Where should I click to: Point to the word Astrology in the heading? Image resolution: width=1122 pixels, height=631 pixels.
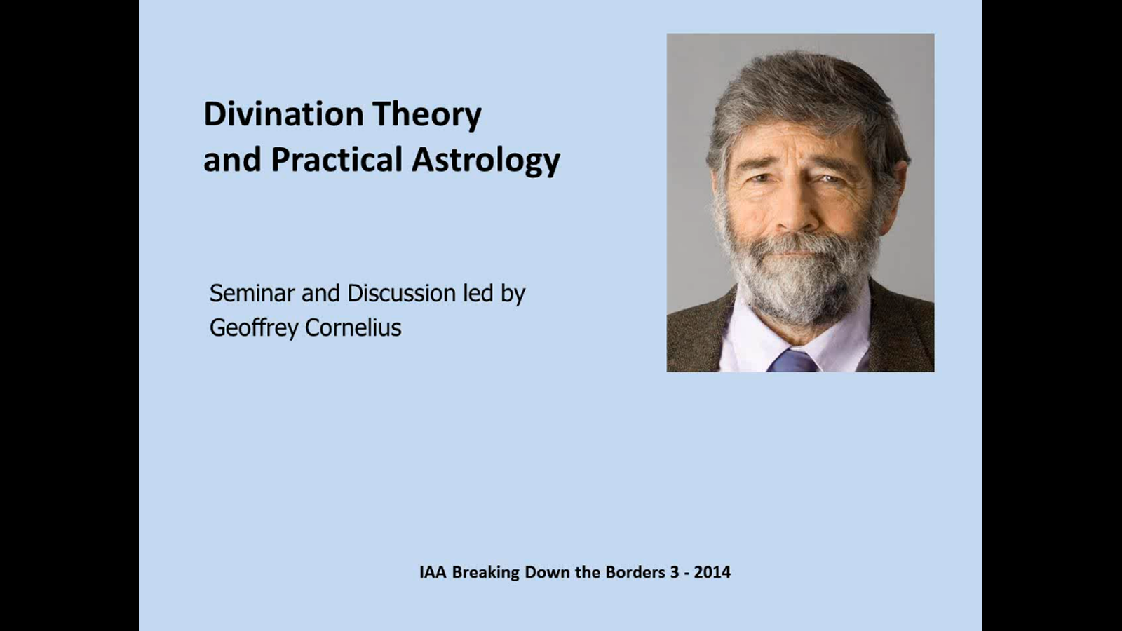point(486,161)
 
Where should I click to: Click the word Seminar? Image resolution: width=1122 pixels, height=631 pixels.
point(251,293)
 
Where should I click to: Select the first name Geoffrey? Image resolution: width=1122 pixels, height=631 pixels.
point(253,328)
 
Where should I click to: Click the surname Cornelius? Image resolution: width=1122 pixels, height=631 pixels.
point(353,327)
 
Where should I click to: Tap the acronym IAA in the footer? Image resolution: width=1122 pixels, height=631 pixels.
point(433,572)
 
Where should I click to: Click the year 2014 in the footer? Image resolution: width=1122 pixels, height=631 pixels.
point(712,572)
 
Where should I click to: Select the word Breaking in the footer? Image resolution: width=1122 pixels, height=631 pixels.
point(485,572)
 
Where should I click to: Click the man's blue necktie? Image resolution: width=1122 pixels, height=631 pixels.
point(793,360)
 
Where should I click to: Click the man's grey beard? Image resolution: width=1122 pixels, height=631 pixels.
point(799,280)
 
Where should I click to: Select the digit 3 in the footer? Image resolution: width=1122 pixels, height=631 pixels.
point(675,572)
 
